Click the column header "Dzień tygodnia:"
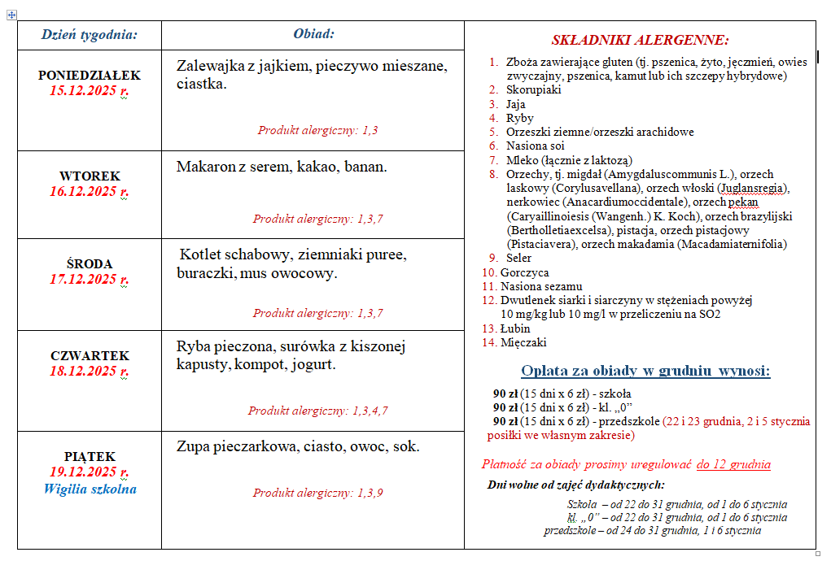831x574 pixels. point(90,34)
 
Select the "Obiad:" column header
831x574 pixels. point(313,34)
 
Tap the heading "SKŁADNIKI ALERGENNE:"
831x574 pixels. point(640,40)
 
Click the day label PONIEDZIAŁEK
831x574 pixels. point(90,75)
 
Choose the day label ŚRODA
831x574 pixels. point(90,263)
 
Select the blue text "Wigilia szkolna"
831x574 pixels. point(90,489)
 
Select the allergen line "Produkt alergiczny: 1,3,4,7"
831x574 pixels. point(317,411)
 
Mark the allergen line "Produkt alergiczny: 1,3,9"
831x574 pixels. point(317,493)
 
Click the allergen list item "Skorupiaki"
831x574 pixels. point(533,89)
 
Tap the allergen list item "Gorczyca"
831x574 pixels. point(524,272)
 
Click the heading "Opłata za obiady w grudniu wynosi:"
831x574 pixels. point(645,372)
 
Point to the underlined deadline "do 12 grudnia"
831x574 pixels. point(733,464)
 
